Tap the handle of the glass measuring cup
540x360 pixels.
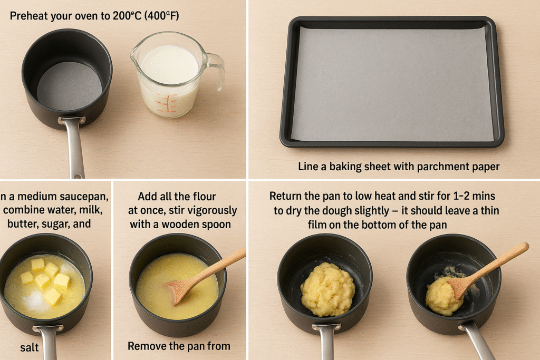point(215,70)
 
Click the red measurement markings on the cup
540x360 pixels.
point(166,103)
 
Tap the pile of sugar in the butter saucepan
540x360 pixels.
point(34,300)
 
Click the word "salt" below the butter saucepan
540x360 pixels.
point(30,347)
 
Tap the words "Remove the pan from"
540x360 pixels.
point(179,346)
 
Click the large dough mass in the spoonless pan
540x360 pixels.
point(327,289)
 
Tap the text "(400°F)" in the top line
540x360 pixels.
point(161,16)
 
